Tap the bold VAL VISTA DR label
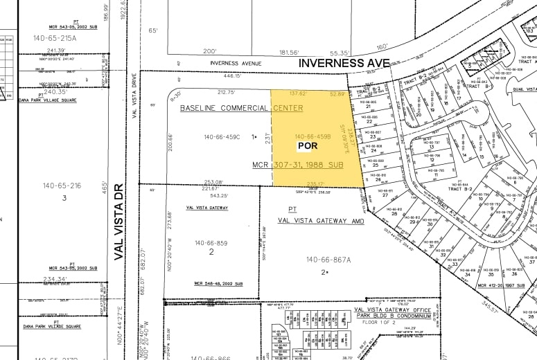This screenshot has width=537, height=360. tap(118, 221)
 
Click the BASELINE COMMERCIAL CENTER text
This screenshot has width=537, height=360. tap(241, 108)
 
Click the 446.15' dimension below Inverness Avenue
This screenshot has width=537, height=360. tap(232, 76)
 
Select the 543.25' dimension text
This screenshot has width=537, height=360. tap(211, 195)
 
